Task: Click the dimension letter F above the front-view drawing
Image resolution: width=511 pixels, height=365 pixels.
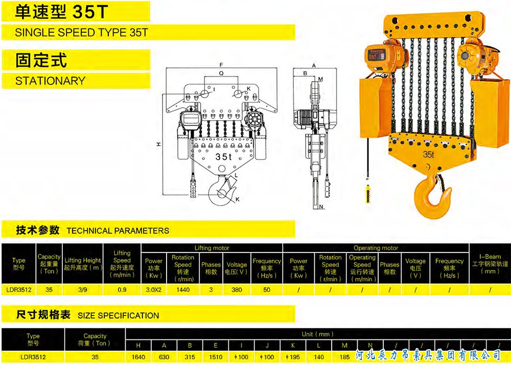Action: pos(221,65)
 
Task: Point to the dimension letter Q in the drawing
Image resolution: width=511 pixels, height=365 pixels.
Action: pos(221,74)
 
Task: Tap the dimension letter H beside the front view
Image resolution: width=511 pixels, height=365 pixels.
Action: pos(159,145)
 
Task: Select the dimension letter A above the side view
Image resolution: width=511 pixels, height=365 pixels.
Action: pos(314,66)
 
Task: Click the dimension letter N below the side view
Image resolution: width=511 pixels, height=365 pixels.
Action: pos(321,207)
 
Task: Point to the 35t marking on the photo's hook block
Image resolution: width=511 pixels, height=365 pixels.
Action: pos(428,154)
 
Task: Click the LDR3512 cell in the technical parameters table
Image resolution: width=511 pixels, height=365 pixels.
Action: pos(18,289)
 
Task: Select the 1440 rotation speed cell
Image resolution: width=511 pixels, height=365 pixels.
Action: pos(182,289)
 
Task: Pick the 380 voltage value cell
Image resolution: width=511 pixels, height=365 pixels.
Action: pos(237,289)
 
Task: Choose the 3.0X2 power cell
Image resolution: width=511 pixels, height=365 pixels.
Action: pos(154,289)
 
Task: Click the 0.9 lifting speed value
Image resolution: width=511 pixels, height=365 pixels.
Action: pos(122,289)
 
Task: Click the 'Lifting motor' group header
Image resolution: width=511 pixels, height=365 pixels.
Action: pos(212,248)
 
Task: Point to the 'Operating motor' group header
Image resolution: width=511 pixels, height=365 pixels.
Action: pos(376,248)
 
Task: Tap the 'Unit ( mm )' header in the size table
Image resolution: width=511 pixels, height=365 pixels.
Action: pos(317,334)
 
